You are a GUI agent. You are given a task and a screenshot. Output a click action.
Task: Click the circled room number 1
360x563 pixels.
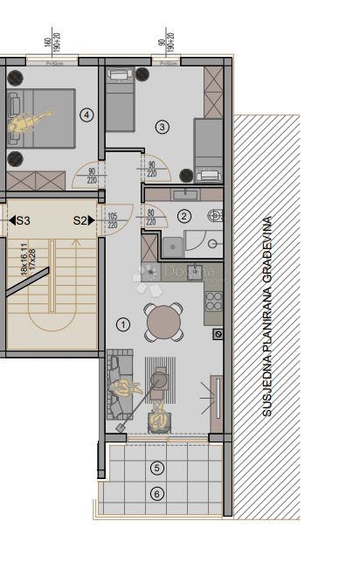tap(123, 324)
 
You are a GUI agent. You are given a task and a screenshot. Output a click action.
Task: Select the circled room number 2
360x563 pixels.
tap(183, 216)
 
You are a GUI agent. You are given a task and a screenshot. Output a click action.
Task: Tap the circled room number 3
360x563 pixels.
tap(163, 127)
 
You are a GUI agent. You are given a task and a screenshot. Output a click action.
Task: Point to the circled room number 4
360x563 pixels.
tap(86, 115)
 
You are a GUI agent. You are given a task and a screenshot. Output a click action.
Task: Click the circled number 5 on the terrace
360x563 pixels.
tap(156, 468)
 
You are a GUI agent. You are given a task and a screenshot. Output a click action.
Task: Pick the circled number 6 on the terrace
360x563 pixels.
tap(156, 494)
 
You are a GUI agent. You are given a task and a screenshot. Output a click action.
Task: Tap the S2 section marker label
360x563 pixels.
tap(81, 221)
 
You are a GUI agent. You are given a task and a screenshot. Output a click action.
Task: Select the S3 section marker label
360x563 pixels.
tap(23, 221)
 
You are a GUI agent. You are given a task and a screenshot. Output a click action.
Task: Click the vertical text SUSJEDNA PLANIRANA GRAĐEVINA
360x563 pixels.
tap(267, 316)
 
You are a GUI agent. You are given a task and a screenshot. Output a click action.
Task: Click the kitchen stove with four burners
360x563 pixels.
tap(214, 302)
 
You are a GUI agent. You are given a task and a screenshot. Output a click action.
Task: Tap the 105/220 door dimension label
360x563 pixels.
tap(112, 219)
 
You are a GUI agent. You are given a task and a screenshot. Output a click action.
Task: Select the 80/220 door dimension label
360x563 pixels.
tap(151, 216)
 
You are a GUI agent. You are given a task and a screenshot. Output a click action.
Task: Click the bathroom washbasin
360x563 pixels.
tap(185, 195)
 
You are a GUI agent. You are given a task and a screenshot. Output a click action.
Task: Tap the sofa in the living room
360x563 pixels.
tap(116, 385)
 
